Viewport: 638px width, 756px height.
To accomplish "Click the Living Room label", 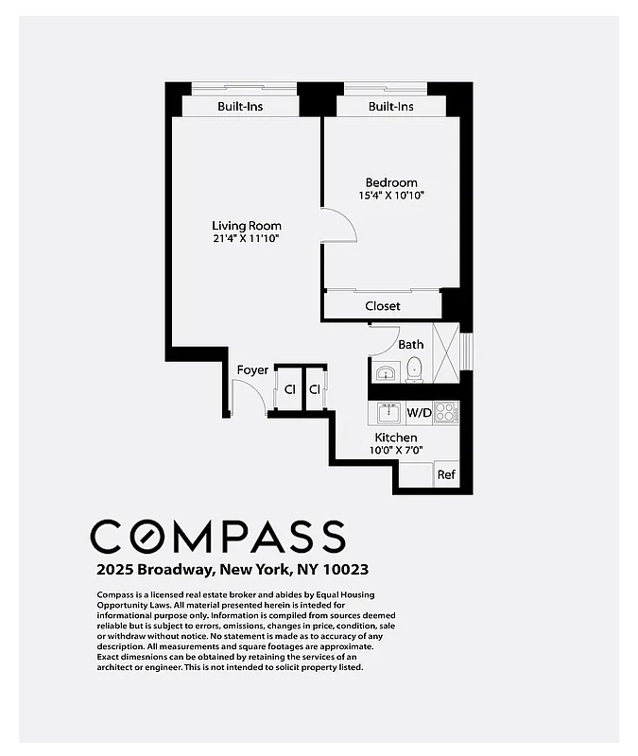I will tap(246, 226).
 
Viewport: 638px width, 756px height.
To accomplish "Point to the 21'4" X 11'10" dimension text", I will tap(246, 239).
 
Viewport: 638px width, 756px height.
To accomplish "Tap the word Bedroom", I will tap(391, 182).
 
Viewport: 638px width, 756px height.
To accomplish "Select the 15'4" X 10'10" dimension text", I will tap(391, 196).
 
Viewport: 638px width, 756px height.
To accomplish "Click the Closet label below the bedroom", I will tap(383, 306).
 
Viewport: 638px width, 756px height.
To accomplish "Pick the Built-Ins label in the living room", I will tap(240, 107).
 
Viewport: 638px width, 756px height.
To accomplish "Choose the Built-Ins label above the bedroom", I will tap(391, 107).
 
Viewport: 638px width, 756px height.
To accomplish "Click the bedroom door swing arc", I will tap(342, 225).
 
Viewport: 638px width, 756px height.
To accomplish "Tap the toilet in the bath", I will tap(413, 372).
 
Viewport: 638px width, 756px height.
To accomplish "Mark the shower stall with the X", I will tap(445, 352).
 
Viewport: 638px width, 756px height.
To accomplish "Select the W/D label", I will tap(419, 413).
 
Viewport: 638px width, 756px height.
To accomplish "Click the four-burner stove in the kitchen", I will tap(445, 412).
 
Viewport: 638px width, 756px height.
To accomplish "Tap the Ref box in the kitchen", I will tap(446, 475).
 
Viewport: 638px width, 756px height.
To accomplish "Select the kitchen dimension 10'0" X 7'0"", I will tap(396, 451).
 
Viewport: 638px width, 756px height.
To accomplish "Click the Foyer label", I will tap(252, 369).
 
